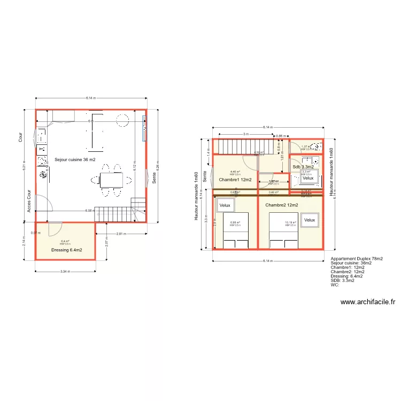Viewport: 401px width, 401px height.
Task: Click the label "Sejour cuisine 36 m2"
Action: coord(75,159)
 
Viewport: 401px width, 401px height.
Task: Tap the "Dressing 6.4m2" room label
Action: coord(66,250)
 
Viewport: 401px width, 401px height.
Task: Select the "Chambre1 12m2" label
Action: coord(235,180)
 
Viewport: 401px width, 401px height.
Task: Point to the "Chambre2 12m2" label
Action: coord(281,205)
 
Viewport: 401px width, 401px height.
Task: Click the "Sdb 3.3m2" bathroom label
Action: coord(303,167)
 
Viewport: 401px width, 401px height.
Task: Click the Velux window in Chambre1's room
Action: coord(224,205)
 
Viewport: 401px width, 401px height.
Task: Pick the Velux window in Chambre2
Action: coord(310,220)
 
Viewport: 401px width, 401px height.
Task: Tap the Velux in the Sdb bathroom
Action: coord(308,178)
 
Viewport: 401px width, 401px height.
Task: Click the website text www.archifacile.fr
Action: coord(367,302)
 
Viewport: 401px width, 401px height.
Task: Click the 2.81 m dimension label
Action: coord(121,234)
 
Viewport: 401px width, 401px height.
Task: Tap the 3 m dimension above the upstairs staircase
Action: coord(245,134)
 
